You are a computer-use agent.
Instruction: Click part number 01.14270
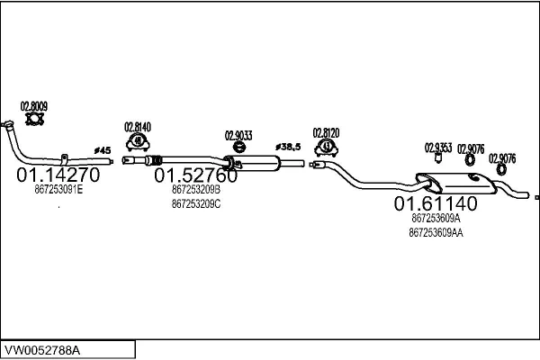pyautogui.click(x=58, y=174)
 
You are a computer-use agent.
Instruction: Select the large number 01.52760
pyautogui.click(x=195, y=174)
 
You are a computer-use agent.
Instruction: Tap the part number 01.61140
pyautogui.click(x=435, y=203)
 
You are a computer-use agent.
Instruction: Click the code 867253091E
pyautogui.click(x=58, y=190)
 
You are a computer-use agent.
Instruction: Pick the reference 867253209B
pyautogui.click(x=195, y=190)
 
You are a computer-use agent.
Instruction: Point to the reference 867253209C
pyautogui.click(x=195, y=204)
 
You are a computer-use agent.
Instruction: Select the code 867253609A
pyautogui.click(x=436, y=218)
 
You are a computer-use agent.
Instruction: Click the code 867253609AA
pyautogui.click(x=436, y=232)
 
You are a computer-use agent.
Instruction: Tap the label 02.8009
pyautogui.click(x=34, y=104)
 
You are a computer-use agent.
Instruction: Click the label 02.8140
pyautogui.click(x=138, y=127)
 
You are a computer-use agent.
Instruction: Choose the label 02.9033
pyautogui.click(x=238, y=136)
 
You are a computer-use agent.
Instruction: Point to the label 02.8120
pyautogui.click(x=326, y=132)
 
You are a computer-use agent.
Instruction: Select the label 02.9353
pyautogui.click(x=438, y=147)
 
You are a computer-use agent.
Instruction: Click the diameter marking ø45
pyautogui.click(x=102, y=149)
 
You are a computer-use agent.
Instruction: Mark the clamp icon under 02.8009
pyautogui.click(x=34, y=118)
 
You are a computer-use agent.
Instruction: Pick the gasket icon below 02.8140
pyautogui.click(x=138, y=141)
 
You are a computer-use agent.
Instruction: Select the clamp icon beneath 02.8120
pyautogui.click(x=327, y=146)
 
